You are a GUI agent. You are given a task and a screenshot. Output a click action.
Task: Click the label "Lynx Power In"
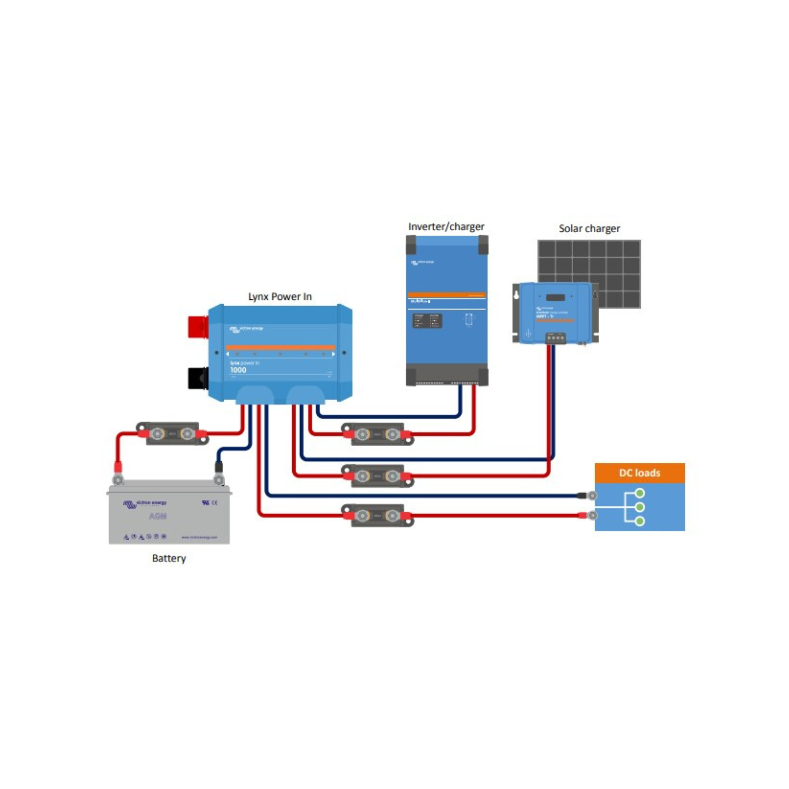[x=280, y=297]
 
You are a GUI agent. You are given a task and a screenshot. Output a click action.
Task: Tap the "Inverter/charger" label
[x=446, y=227]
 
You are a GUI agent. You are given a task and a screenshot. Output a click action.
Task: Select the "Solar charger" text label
[x=589, y=229]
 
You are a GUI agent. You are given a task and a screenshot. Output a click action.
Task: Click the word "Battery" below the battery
[x=169, y=558]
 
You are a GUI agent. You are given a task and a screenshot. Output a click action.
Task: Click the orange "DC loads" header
[x=639, y=473]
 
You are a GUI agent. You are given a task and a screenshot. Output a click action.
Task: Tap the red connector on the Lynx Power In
[x=198, y=327]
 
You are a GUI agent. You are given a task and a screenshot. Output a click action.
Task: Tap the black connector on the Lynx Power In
[x=198, y=378]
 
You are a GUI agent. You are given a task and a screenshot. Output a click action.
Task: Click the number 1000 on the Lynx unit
[x=238, y=370]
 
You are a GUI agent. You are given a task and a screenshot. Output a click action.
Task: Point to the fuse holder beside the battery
[x=172, y=434]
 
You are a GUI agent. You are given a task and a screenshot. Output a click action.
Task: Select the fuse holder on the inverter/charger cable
[x=378, y=434]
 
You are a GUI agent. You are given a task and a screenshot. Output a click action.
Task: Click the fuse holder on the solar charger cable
[x=378, y=476]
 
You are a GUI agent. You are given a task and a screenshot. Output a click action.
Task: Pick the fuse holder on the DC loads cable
[x=378, y=516]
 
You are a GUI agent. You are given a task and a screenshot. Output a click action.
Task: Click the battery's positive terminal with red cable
[x=118, y=479]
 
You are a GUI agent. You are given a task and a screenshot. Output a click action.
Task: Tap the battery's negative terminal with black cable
[x=219, y=479]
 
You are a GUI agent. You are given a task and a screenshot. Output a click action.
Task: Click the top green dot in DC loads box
[x=640, y=494]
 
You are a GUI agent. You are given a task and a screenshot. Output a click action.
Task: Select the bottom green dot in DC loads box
[x=640, y=521]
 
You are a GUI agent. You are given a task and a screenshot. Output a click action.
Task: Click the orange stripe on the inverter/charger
[x=446, y=295]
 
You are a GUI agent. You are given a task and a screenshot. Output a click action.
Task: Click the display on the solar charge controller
[x=555, y=297]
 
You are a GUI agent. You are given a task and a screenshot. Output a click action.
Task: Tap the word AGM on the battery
[x=158, y=517]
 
